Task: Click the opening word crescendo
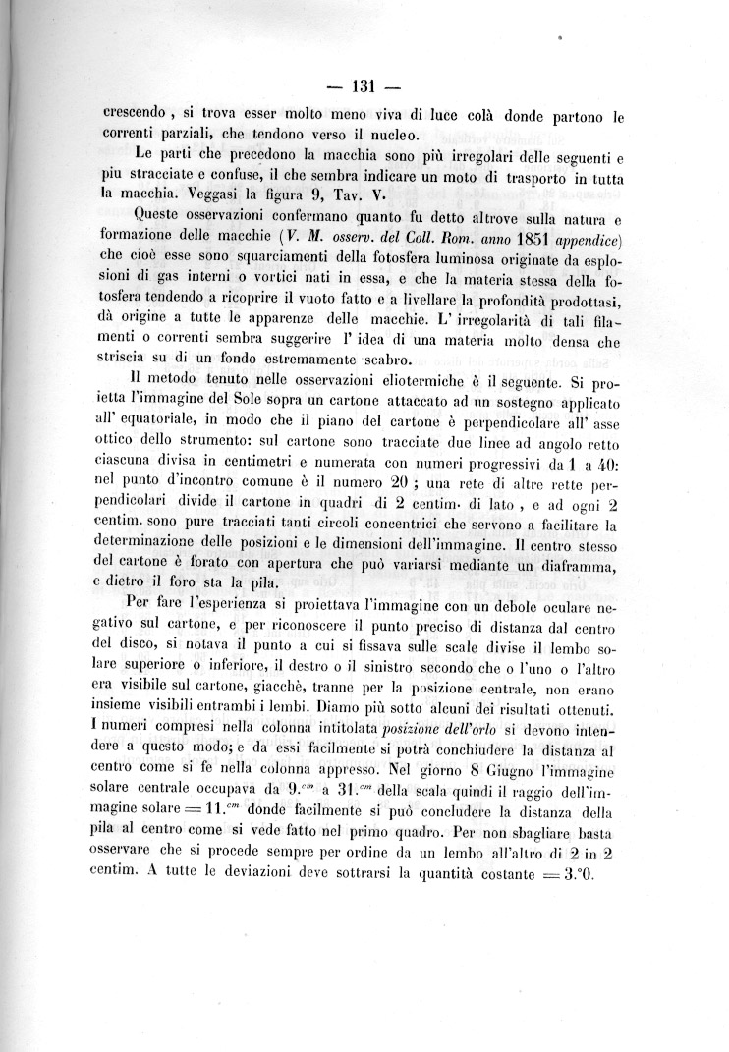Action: pyautogui.click(x=140, y=114)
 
